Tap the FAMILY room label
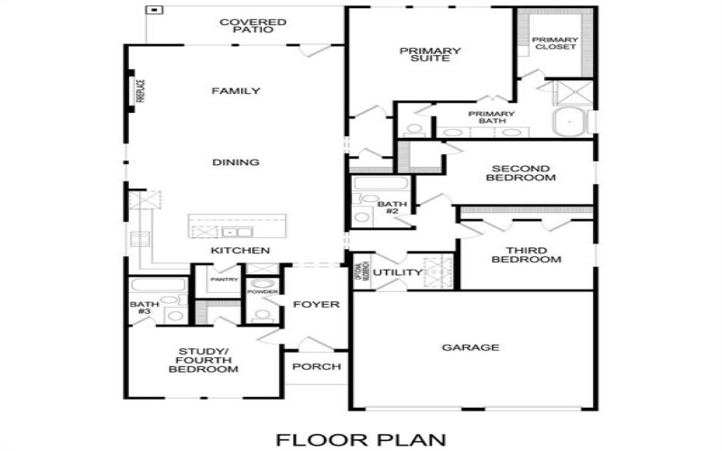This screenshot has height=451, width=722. click(x=236, y=91)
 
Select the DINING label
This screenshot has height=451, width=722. click(x=236, y=162)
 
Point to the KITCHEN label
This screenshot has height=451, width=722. click(x=240, y=250)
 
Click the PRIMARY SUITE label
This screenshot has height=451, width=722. click(x=430, y=56)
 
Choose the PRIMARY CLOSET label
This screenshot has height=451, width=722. click(x=554, y=43)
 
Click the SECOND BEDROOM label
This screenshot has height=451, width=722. click(x=521, y=173)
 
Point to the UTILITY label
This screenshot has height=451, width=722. click(x=398, y=272)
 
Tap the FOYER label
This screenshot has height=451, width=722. click(x=316, y=305)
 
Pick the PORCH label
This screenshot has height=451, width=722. click(x=317, y=366)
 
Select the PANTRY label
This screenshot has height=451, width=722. click(x=224, y=281)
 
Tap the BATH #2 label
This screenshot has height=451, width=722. click(x=393, y=208)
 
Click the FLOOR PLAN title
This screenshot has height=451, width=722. click(x=360, y=439)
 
